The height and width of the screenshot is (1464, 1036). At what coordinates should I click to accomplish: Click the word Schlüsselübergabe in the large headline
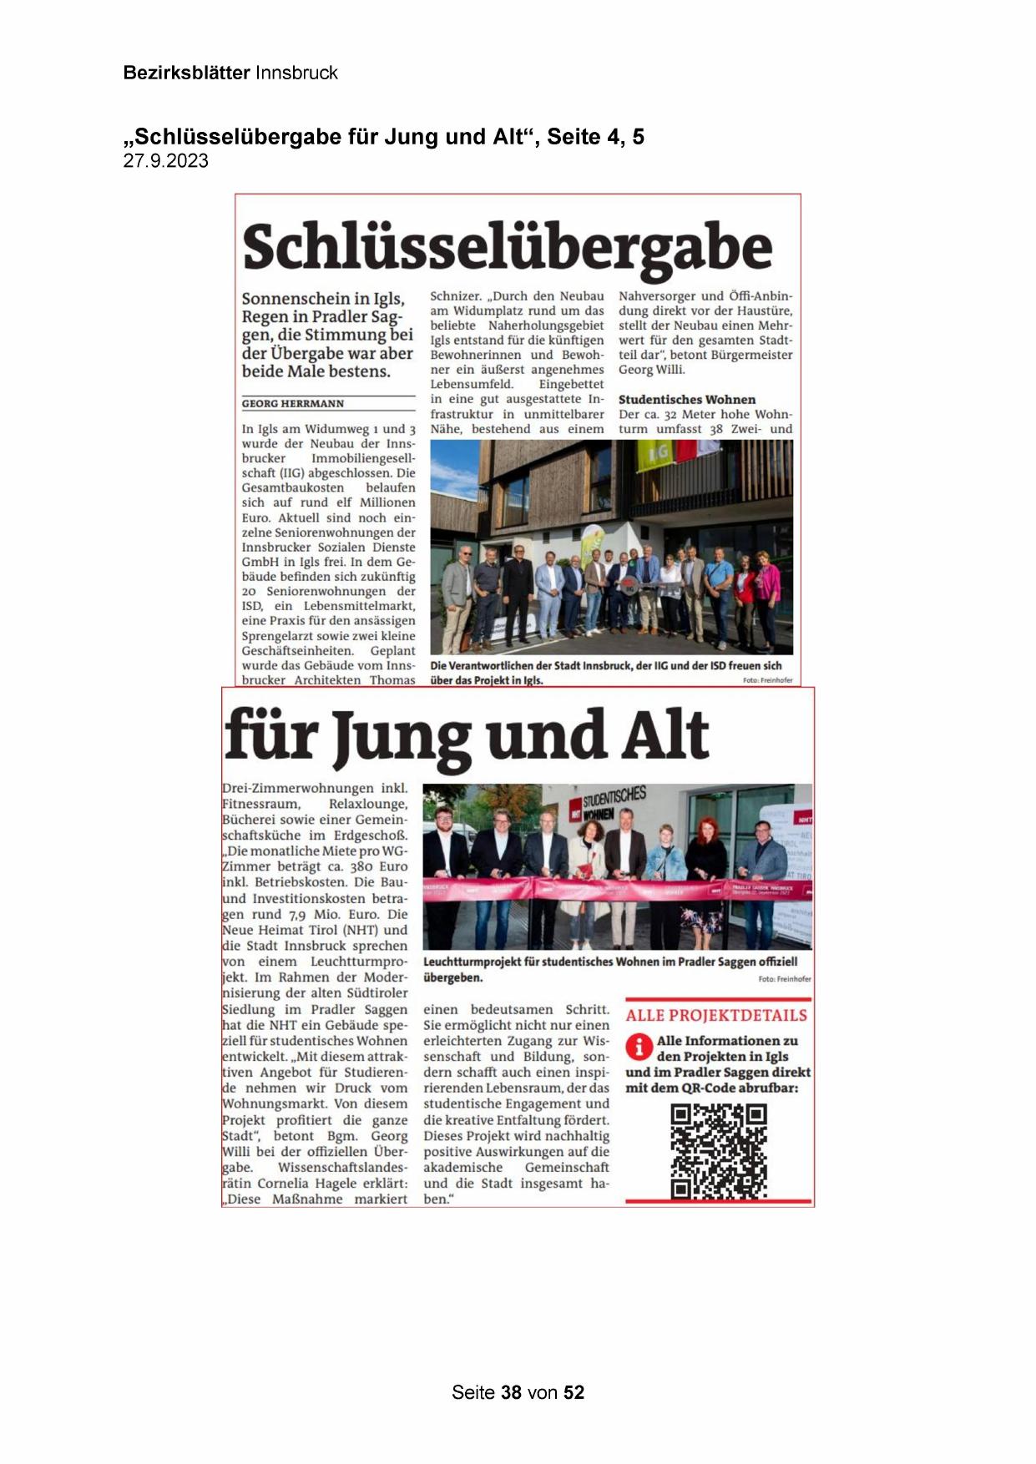coord(507,247)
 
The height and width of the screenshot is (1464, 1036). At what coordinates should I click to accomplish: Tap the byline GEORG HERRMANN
coord(292,404)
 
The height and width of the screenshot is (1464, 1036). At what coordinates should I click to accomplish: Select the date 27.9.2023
coord(165,161)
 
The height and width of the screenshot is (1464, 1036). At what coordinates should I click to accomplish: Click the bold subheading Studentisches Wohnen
coord(686,400)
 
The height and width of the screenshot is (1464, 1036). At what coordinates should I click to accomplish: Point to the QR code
coord(718,1152)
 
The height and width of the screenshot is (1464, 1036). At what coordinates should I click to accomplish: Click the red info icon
coord(639,1047)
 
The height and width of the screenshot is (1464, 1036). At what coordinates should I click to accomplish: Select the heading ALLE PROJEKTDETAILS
coord(716,1016)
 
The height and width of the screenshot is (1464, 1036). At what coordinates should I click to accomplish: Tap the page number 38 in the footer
coord(511,1392)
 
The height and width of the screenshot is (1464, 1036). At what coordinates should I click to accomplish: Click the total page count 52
coord(574,1392)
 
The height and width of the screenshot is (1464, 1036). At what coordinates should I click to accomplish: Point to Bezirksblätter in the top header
coord(186,73)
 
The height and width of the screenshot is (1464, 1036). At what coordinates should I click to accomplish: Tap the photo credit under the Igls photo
coord(767,680)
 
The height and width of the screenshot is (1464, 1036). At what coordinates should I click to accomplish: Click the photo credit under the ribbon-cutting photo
coord(784,979)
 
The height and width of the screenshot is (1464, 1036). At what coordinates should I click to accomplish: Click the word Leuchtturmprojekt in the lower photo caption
coord(472,962)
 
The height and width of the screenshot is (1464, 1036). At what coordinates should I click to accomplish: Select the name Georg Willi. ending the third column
coord(651,370)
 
